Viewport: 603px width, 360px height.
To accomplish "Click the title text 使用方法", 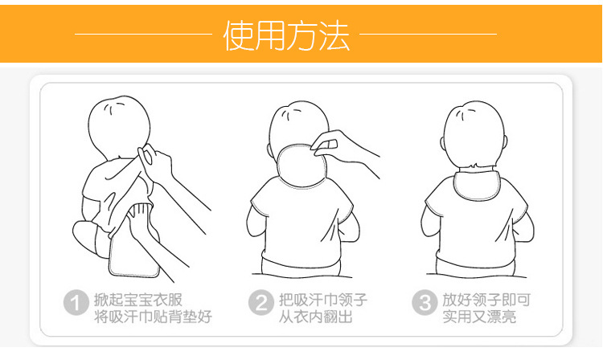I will (286, 35).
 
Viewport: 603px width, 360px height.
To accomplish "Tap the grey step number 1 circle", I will (76, 304).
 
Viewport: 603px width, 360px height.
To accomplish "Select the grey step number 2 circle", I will (261, 304).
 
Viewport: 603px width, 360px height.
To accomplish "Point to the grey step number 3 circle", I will (424, 304).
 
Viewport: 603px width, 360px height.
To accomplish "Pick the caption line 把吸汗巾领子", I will (323, 299).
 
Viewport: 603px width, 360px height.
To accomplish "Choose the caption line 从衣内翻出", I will (315, 317).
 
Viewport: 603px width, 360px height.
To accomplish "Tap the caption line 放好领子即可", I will (486, 299).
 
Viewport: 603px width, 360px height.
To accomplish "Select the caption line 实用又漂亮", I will (479, 317).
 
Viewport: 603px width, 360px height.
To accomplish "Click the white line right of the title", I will (428, 35).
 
